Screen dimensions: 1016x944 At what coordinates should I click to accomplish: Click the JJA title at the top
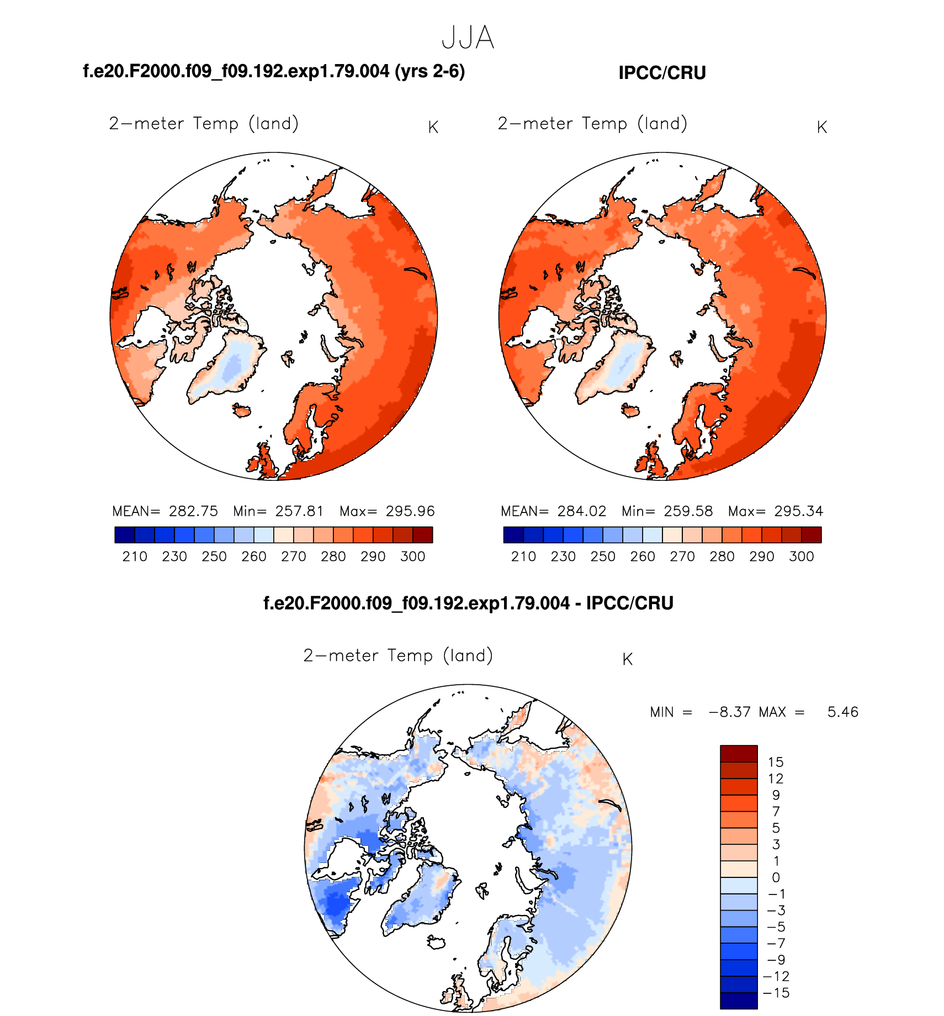[x=468, y=38]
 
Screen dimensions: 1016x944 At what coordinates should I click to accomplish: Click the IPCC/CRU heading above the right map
[x=662, y=73]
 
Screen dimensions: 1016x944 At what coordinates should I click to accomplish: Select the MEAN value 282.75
[x=193, y=511]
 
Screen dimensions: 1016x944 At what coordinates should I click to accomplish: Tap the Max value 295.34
[x=798, y=511]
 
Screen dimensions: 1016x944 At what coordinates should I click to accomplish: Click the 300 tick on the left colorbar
[x=412, y=557]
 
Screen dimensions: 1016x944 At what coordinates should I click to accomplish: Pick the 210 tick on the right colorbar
[x=523, y=557]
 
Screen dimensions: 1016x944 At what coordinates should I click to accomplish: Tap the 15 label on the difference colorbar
[x=775, y=763]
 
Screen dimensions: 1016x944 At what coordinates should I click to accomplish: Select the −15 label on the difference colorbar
[x=776, y=993]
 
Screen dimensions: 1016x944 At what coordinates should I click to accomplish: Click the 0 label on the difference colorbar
[x=776, y=878]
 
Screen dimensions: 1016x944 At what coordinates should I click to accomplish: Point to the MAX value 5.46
[x=842, y=712]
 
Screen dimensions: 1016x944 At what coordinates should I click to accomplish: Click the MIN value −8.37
[x=729, y=712]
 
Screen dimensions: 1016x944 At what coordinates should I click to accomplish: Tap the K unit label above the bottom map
[x=627, y=659]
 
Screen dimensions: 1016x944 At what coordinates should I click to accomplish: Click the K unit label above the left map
[x=433, y=128]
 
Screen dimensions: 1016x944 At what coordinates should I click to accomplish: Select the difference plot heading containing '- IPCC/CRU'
[x=468, y=603]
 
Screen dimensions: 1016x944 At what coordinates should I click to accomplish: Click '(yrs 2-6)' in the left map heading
[x=429, y=71]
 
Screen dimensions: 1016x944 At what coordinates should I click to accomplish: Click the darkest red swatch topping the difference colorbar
[x=739, y=754]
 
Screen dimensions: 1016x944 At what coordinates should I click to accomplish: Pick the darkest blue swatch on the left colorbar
[x=125, y=535]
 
